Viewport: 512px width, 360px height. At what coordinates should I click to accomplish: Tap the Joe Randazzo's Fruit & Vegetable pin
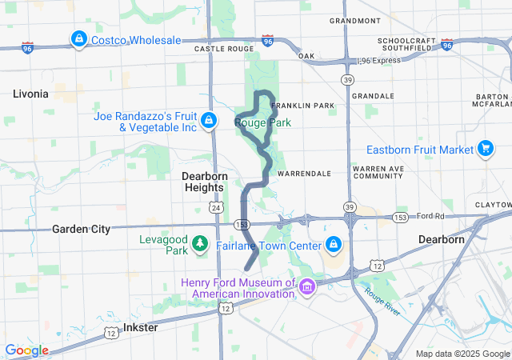208,121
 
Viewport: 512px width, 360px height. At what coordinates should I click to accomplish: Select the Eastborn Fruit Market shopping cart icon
485,149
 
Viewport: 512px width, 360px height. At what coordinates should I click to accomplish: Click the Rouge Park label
262,122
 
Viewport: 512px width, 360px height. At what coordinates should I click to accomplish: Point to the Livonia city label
30,94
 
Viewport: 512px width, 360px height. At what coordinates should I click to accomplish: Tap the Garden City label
80,228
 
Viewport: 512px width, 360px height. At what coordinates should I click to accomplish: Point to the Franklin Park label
302,106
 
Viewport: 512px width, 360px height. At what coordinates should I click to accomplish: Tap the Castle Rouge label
221,49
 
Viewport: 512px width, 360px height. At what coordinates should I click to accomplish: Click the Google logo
26,350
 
